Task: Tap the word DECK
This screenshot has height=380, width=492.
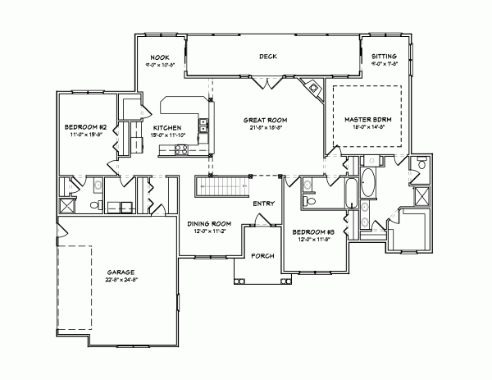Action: [x=268, y=57]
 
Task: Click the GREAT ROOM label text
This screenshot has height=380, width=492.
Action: [x=262, y=121]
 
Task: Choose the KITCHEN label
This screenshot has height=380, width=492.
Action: [x=166, y=128]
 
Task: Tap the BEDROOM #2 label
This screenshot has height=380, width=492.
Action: [x=84, y=128]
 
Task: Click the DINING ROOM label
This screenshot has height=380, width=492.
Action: [x=209, y=223]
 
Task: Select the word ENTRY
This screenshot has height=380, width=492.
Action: [x=264, y=203]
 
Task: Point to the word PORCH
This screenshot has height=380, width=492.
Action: [x=262, y=255]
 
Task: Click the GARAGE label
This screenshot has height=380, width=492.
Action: [x=121, y=271]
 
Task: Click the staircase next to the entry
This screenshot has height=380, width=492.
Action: [x=222, y=187]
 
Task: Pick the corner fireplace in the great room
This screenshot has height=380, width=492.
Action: [x=312, y=87]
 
